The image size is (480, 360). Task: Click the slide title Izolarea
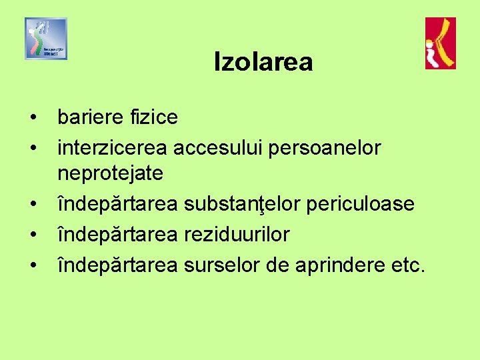[263, 63]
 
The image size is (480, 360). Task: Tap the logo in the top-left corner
[46, 39]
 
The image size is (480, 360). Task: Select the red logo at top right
[441, 43]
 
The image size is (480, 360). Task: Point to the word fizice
[153, 117]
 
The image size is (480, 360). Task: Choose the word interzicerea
[113, 147]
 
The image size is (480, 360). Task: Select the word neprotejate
[110, 174]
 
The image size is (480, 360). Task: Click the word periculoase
[359, 203]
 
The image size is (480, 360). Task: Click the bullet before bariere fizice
[33, 118]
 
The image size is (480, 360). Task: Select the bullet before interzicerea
[33, 148]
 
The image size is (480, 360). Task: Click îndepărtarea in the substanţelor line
[117, 203]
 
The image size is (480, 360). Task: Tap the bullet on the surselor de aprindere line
[33, 265]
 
